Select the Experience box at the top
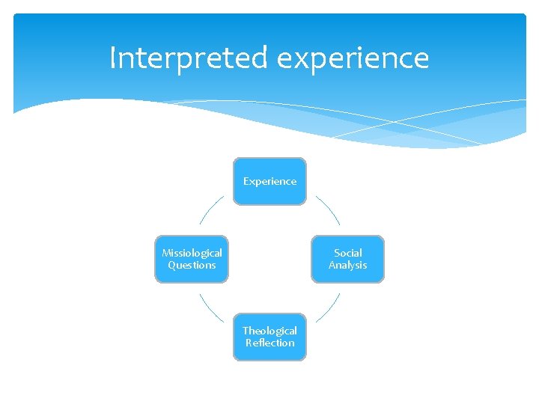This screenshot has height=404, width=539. (269, 181)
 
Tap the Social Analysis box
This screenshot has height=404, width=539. (347, 259)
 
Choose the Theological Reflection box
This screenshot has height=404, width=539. (269, 337)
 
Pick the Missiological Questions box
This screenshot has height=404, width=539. (192, 259)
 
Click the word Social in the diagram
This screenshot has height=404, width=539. (348, 253)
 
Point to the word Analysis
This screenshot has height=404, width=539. (348, 265)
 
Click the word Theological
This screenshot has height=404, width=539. (269, 331)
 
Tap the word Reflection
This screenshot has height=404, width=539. (269, 343)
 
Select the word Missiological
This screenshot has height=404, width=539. (192, 253)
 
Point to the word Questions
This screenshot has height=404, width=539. (192, 265)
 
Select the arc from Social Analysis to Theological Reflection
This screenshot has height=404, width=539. (329, 308)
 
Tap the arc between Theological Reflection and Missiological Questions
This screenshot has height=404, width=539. (211, 308)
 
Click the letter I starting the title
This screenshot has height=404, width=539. (112, 58)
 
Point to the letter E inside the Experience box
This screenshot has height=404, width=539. (246, 181)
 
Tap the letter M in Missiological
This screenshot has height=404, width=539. (166, 253)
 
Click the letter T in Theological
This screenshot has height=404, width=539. (245, 331)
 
